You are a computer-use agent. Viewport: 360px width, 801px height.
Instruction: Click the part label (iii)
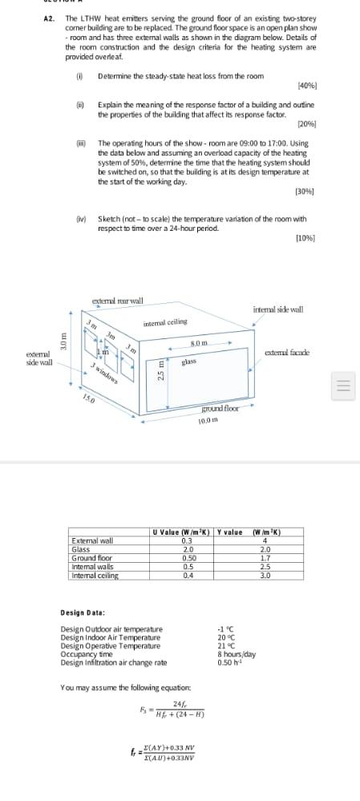[79, 143]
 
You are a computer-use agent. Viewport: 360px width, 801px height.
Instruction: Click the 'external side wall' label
[39, 358]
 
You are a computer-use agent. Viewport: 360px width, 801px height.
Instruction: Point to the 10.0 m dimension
[208, 420]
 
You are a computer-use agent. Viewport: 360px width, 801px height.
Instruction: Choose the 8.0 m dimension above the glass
[200, 343]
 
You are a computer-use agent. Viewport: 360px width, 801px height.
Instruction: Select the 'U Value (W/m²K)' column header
[182, 532]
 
